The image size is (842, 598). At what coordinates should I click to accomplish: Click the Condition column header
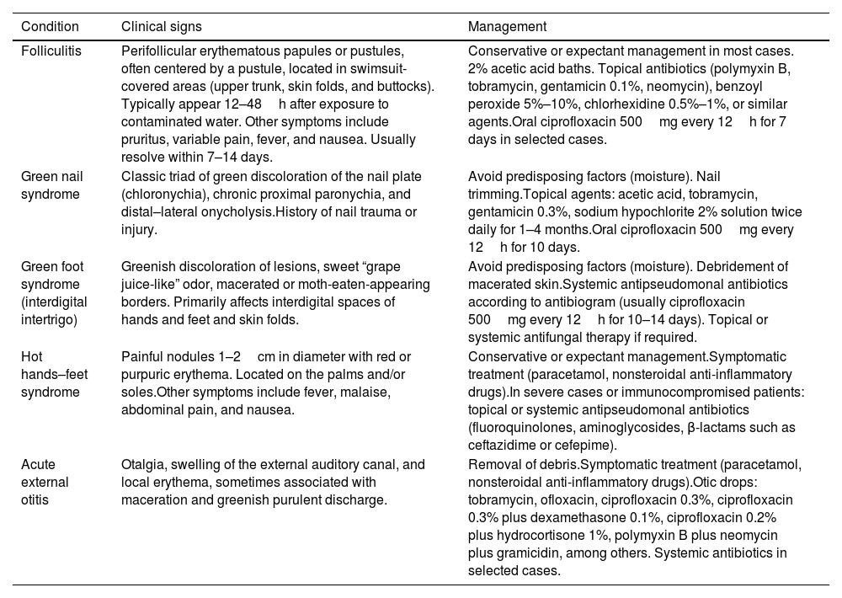click(51, 26)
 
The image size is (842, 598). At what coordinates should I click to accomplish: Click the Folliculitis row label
click(51, 51)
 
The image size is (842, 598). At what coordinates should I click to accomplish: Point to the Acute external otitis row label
click(45, 483)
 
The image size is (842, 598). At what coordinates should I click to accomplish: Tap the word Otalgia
click(144, 464)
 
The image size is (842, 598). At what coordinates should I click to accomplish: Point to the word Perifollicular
click(160, 51)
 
